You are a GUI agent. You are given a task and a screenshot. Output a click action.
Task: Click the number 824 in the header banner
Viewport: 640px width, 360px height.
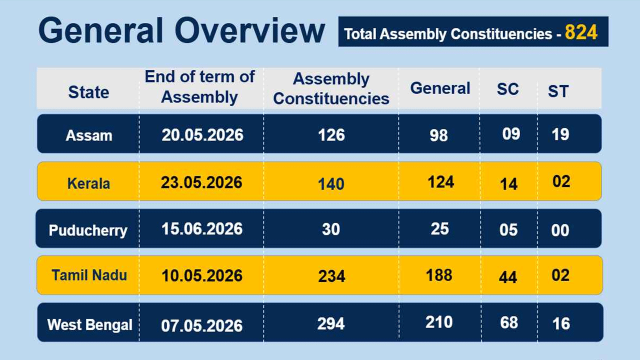[x=581, y=32]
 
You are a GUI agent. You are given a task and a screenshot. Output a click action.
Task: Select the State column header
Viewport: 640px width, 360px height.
[x=88, y=92]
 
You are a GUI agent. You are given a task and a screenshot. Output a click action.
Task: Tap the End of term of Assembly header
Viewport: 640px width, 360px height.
[x=199, y=86]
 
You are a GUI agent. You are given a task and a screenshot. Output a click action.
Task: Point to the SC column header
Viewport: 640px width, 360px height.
[x=507, y=89]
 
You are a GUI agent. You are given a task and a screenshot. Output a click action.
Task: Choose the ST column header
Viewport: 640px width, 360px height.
[x=558, y=91]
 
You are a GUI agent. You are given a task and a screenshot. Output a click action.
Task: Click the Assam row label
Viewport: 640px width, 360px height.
[x=89, y=135]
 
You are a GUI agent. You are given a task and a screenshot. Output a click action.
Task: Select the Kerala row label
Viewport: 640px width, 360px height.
[x=88, y=183]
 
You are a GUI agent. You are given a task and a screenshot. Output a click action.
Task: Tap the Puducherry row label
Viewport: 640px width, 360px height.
[x=88, y=230]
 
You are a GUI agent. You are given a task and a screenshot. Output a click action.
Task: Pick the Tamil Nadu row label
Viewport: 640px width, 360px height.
[x=89, y=275]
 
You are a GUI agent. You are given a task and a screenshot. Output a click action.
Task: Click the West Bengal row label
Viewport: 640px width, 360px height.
[x=90, y=324]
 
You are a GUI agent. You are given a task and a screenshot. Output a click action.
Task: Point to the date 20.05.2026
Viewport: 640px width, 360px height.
[x=202, y=134]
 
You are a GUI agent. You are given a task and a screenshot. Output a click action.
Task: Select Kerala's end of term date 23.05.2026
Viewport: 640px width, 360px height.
[x=201, y=182]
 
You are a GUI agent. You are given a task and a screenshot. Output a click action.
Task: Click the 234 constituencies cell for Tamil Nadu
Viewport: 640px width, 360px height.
[x=331, y=276]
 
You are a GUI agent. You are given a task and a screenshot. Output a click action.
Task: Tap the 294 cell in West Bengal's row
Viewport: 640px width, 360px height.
[x=331, y=323]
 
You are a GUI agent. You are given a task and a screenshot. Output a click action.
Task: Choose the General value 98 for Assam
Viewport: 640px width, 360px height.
[x=438, y=135]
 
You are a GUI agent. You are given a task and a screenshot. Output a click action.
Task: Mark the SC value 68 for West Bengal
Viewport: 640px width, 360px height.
[x=509, y=322]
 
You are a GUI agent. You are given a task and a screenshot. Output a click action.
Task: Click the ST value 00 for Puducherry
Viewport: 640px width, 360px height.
[x=560, y=230]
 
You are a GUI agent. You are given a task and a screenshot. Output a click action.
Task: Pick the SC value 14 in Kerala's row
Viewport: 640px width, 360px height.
[x=508, y=183]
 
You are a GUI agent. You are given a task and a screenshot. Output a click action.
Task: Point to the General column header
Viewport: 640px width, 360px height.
[x=440, y=88]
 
